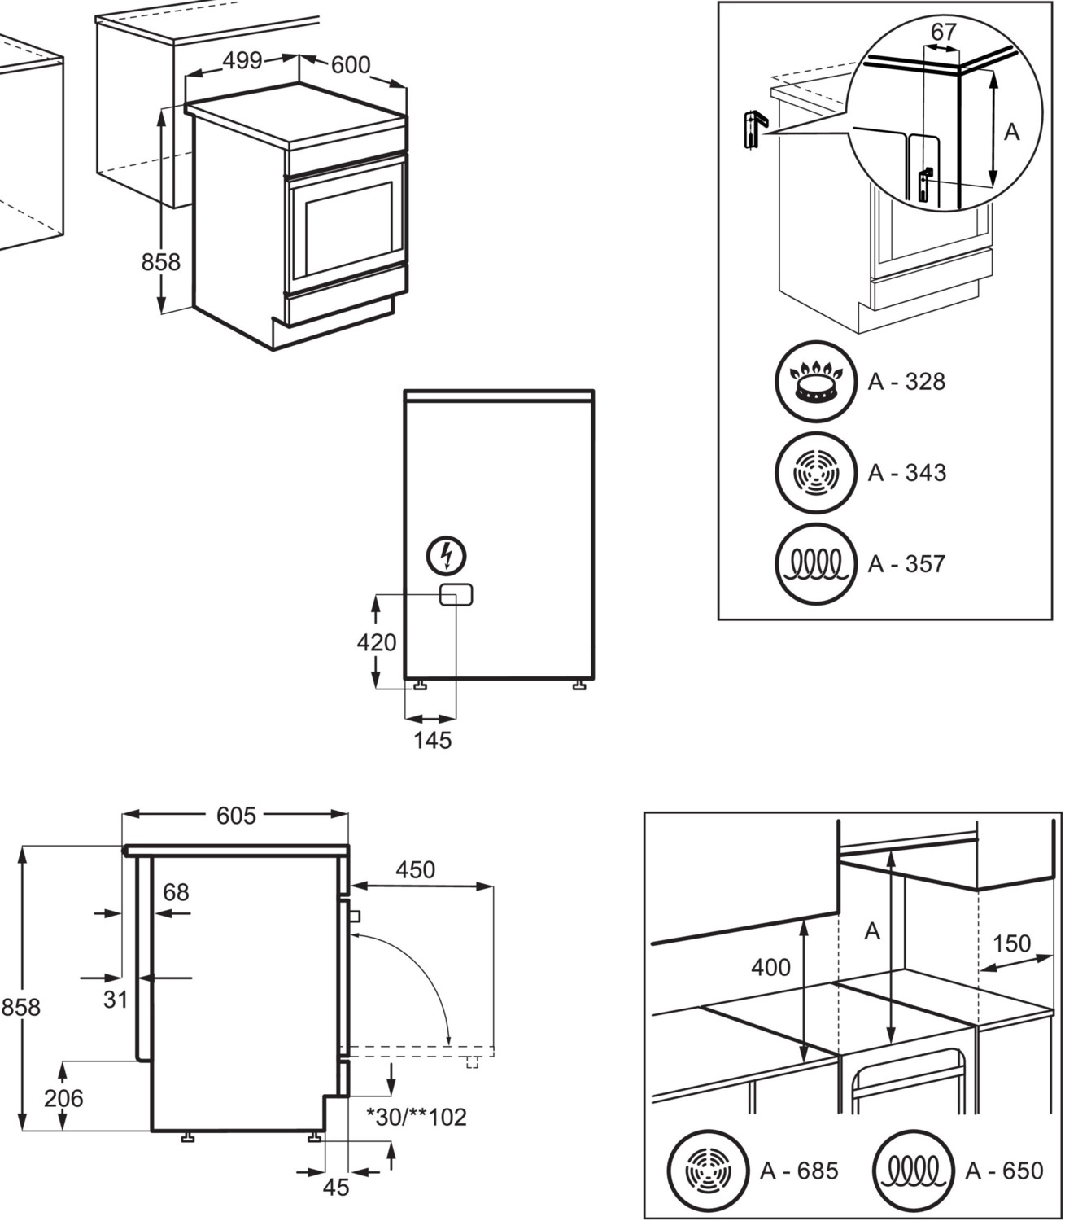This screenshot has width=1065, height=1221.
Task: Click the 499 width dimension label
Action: [x=242, y=60]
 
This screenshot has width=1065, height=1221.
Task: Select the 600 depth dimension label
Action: [x=350, y=64]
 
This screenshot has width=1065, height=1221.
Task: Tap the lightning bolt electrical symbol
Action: [x=447, y=556]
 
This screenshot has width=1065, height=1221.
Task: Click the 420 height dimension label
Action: [x=377, y=642]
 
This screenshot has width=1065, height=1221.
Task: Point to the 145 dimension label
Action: [x=432, y=741]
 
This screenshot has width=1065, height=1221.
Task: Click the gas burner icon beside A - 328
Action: [x=816, y=382]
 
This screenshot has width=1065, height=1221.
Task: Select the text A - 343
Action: [x=906, y=472]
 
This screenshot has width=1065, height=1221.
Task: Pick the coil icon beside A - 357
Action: [x=816, y=563]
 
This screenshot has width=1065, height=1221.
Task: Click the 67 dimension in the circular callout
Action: [x=943, y=32]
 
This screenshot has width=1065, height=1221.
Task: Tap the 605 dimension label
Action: [x=236, y=815]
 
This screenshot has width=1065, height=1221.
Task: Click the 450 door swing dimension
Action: [x=415, y=869]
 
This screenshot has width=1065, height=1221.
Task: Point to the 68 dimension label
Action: [x=176, y=892]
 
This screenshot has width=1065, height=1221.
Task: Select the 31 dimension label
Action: [x=116, y=999]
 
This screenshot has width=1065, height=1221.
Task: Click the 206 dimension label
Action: [x=63, y=1098]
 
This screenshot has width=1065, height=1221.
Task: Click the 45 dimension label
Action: [x=336, y=1188]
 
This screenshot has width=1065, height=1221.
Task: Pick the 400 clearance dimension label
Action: [x=770, y=967]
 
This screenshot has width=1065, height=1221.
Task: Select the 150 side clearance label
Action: [x=1011, y=943]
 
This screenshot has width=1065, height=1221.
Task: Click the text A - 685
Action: [x=798, y=1171]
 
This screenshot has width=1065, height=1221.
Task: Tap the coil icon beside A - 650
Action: [x=912, y=1171]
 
